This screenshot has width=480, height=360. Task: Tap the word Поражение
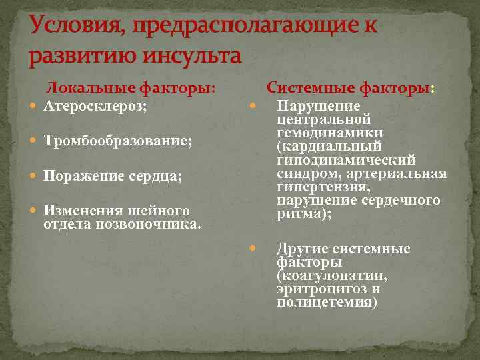click(84, 176)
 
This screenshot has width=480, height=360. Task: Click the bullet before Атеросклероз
click(35, 106)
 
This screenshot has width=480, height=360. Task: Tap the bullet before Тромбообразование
click(35, 141)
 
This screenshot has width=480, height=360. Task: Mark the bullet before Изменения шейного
click(35, 211)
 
